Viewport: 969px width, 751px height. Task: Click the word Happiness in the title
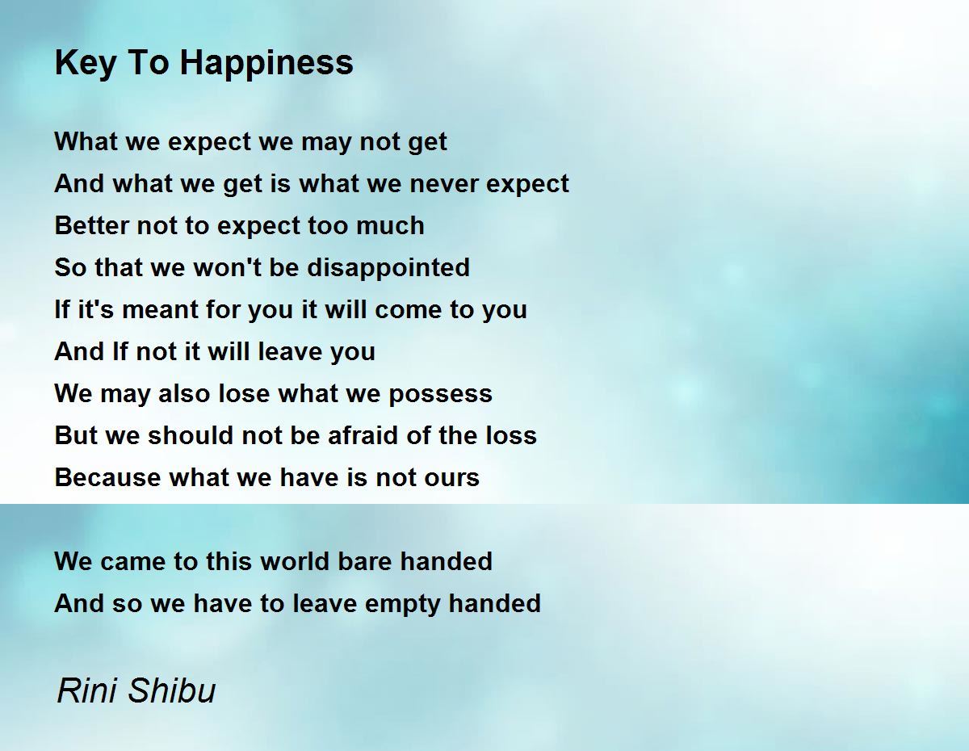coord(266,64)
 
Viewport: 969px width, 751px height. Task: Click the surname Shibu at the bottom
coord(172,690)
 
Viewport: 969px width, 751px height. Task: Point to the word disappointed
coord(388,268)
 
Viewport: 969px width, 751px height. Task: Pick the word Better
coord(91,224)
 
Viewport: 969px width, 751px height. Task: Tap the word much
coord(390,224)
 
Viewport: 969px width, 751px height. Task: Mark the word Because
coord(107,477)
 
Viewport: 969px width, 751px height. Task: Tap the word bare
coord(365,561)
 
